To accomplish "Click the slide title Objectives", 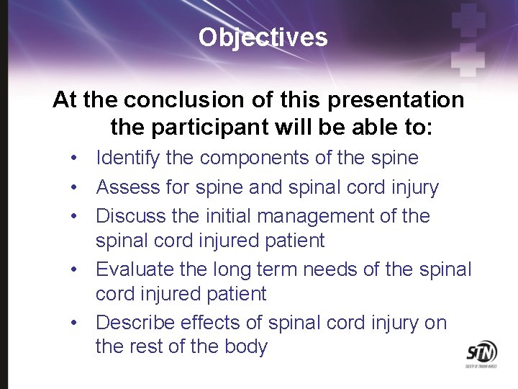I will point(263,37).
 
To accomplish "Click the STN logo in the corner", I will point(481,353).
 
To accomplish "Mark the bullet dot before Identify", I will point(75,158).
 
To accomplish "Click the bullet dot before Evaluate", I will point(75,270).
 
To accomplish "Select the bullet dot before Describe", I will point(75,323).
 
